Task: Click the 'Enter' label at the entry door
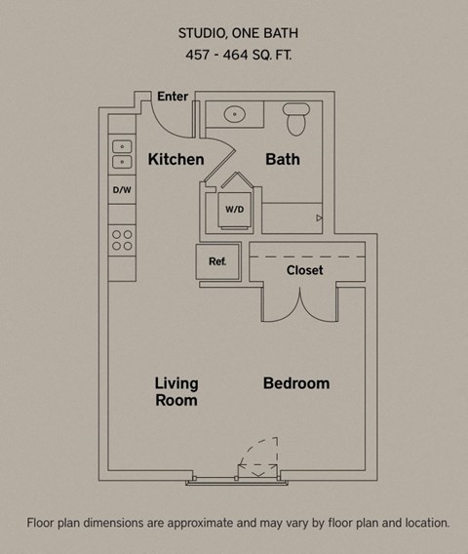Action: click(x=173, y=97)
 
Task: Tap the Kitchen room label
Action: click(x=175, y=159)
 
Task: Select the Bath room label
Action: click(x=283, y=159)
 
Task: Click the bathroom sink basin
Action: click(x=236, y=114)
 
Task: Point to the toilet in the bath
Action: click(x=296, y=121)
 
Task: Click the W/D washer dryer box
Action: click(x=235, y=210)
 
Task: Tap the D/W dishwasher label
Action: click(x=122, y=190)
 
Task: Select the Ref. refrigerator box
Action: click(x=216, y=261)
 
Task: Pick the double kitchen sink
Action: click(x=122, y=154)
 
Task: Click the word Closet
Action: click(x=304, y=270)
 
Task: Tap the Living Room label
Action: click(x=175, y=391)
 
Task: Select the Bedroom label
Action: click(x=296, y=383)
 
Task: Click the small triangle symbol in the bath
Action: click(x=319, y=218)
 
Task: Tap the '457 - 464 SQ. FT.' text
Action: click(x=234, y=56)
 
